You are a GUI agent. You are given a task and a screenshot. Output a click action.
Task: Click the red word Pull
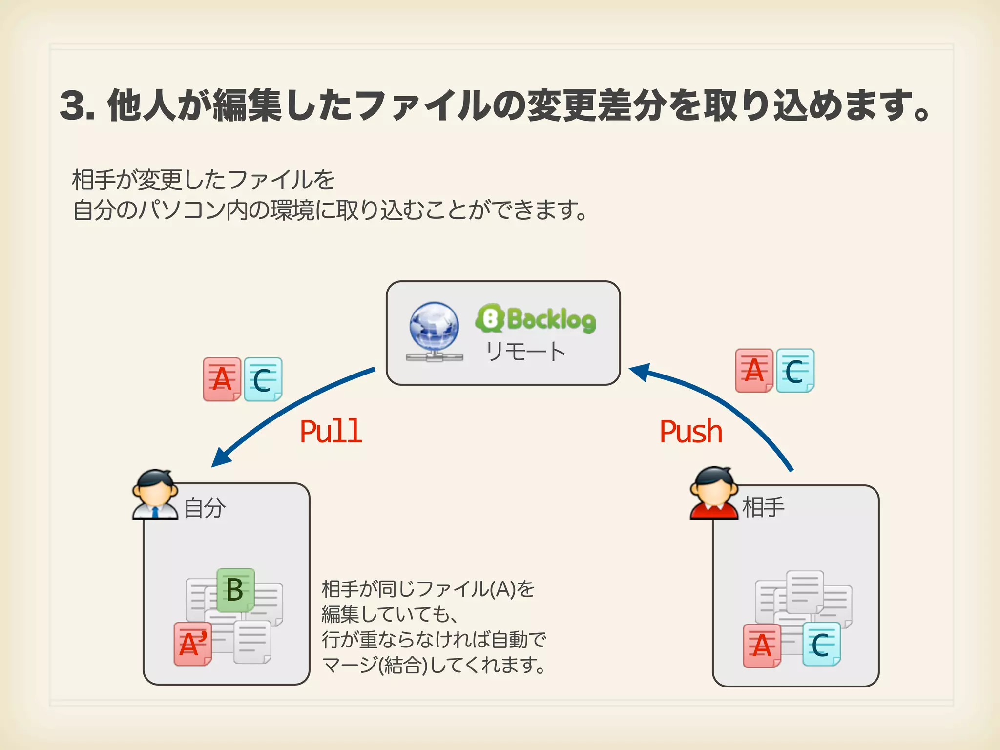pos(331,432)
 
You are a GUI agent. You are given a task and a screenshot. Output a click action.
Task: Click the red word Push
pos(690,432)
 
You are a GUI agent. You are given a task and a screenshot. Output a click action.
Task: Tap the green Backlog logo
pos(536,319)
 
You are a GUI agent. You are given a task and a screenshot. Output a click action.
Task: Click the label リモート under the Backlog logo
pos(525,352)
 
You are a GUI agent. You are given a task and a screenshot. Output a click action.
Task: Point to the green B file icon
pos(235,590)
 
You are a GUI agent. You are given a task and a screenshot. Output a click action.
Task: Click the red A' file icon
pos(193,644)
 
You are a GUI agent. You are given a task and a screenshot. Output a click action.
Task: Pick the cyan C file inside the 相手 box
pos(821,644)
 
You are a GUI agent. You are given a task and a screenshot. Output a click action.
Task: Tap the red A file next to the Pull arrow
pos(222,379)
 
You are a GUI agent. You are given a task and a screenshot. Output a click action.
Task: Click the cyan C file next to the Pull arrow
pos(263,379)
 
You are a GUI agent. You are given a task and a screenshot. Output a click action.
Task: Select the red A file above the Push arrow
pos(754,370)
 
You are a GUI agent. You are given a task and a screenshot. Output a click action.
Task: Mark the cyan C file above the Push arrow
pos(795,370)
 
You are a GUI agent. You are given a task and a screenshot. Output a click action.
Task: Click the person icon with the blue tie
pos(155,494)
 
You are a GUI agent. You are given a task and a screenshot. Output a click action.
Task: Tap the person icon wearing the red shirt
pos(714,493)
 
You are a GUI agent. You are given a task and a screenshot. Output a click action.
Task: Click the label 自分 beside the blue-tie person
pos(205,508)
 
